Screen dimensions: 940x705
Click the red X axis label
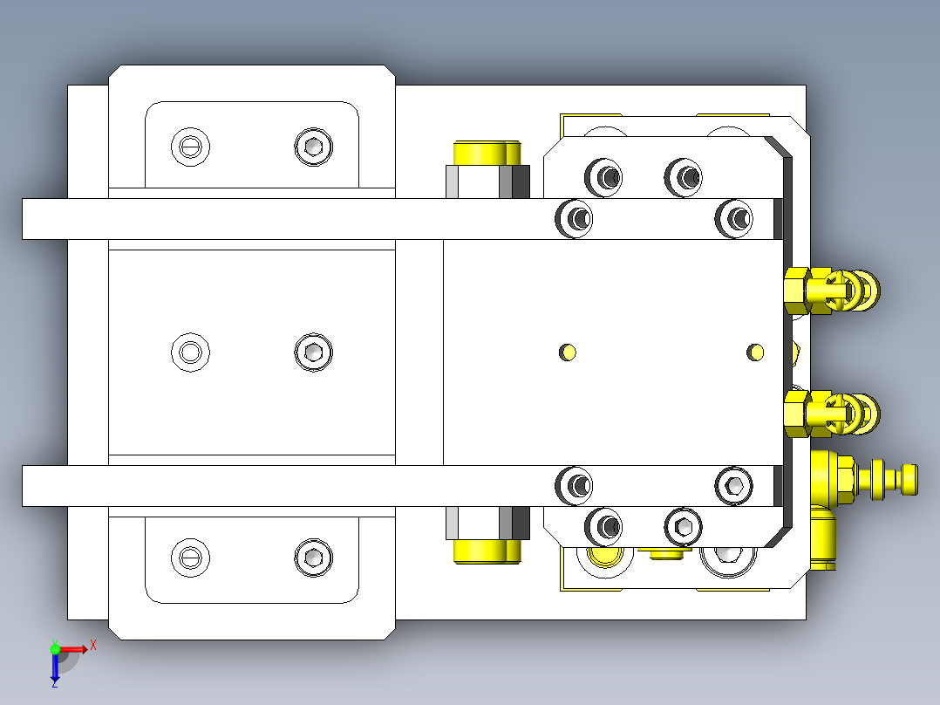93,647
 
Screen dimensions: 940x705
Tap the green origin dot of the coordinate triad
55,649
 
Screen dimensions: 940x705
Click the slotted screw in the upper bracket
191,147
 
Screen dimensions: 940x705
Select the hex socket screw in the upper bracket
314,147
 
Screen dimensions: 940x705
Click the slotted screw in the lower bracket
191,558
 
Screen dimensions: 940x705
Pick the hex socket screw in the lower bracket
314,558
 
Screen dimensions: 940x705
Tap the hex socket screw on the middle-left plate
314,352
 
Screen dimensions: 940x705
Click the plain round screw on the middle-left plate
191,352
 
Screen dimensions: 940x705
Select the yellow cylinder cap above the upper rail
487,153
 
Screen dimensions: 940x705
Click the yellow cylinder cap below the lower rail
487,552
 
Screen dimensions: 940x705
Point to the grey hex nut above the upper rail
487,181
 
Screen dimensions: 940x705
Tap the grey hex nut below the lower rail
487,524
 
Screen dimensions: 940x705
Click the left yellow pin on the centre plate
568,352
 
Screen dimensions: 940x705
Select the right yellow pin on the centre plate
755,352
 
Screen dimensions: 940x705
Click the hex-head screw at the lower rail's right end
734,485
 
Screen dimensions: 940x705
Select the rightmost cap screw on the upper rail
734,218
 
